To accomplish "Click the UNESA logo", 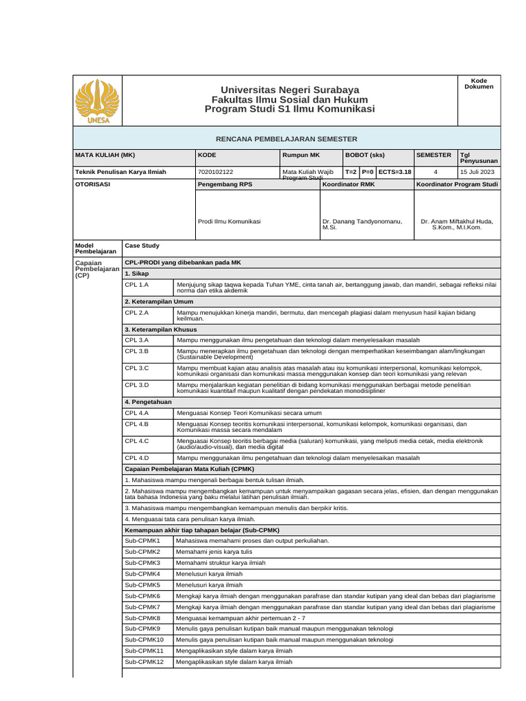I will [96, 101].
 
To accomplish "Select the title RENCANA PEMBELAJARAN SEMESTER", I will [286, 139].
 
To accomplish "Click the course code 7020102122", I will [215, 172].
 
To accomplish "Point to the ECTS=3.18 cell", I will [394, 172].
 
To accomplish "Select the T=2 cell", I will [351, 172].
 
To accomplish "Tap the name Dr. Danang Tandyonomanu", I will [361, 222].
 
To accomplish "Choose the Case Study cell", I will [140, 245].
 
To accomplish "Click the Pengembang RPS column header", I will [225, 185].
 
